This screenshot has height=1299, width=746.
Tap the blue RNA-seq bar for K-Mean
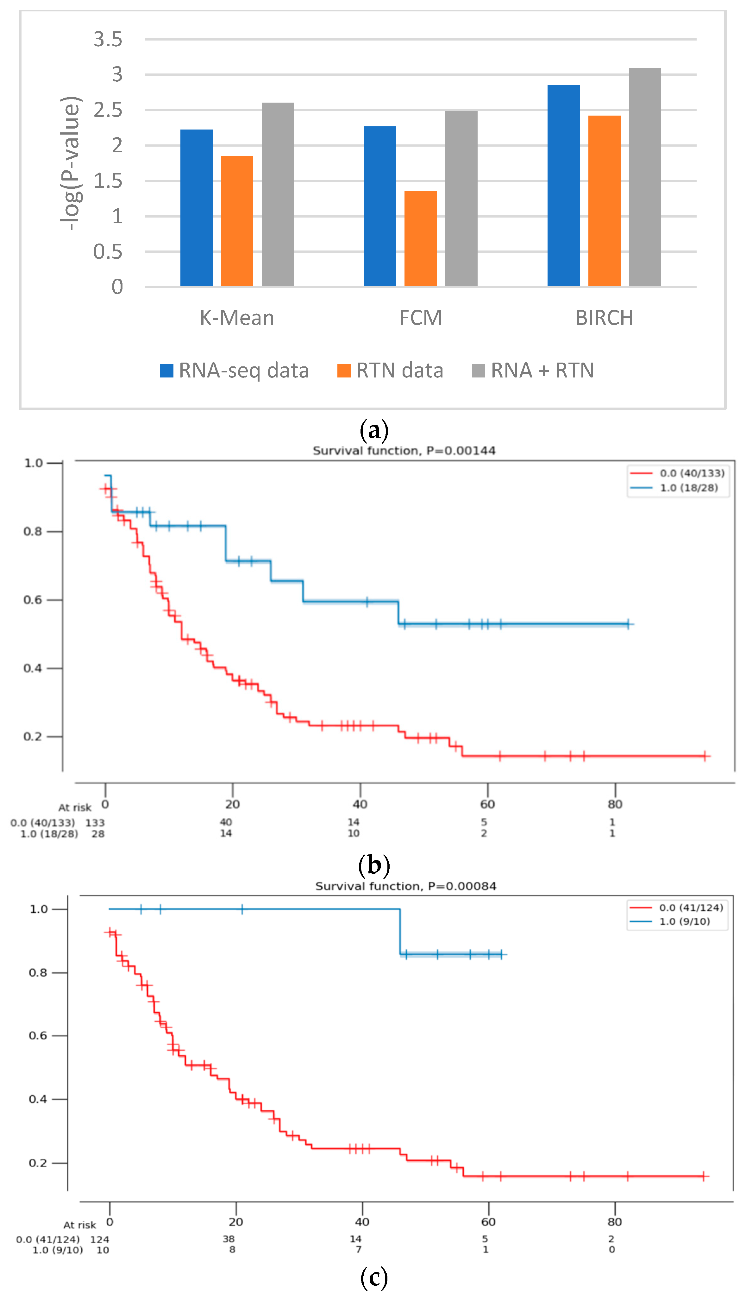(x=196, y=208)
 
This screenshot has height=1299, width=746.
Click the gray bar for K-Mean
(x=278, y=194)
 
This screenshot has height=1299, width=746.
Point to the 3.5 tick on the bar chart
(x=108, y=40)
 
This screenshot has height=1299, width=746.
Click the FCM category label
(x=420, y=318)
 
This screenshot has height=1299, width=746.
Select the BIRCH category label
(x=604, y=318)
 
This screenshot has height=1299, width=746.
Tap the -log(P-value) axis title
(x=71, y=163)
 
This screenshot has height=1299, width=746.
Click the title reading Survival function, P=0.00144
(x=404, y=451)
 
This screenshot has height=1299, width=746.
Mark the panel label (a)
(x=374, y=430)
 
